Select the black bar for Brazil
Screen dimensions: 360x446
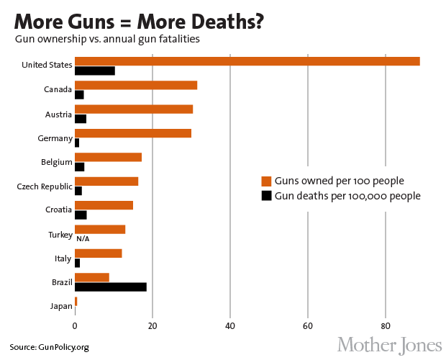(111, 287)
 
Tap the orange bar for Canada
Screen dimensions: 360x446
(136, 85)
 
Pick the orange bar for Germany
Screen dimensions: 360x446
(133, 132)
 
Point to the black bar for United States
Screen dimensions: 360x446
(95, 71)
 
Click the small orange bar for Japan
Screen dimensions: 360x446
(76, 301)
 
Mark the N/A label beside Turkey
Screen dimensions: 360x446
(82, 238)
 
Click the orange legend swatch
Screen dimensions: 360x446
(266, 181)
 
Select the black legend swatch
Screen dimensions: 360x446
(266, 195)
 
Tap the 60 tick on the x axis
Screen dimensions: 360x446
(308, 325)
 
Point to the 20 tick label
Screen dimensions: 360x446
(153, 325)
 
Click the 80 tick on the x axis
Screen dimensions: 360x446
(386, 325)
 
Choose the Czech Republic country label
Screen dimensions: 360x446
(45, 186)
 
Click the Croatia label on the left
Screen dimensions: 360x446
(57, 210)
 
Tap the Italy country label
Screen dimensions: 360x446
(63, 258)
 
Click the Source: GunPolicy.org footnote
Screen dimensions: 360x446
(49, 347)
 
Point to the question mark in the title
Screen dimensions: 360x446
(255, 20)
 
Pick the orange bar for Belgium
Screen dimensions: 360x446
(108, 157)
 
